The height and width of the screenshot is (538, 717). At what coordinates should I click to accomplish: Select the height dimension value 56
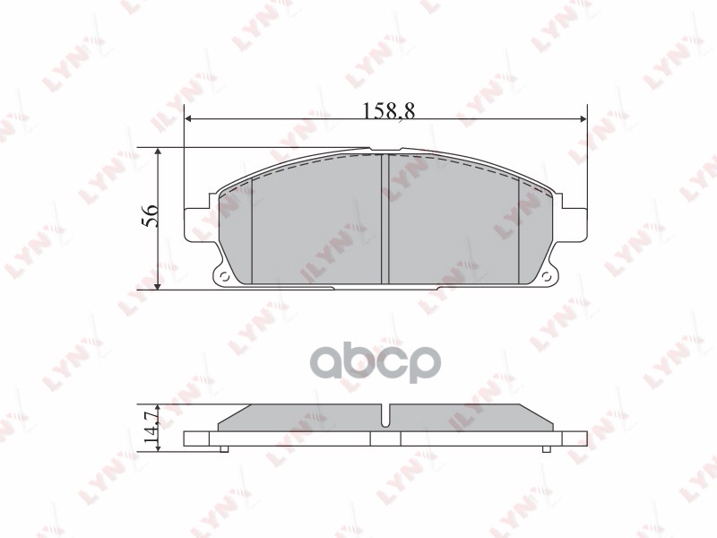pyautogui.click(x=150, y=215)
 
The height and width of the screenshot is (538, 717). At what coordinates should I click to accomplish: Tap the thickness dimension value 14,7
pyautogui.click(x=150, y=421)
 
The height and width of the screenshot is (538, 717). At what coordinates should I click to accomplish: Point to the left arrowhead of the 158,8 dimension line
pyautogui.click(x=189, y=120)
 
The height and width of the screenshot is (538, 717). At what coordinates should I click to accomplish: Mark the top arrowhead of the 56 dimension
pyautogui.click(x=159, y=153)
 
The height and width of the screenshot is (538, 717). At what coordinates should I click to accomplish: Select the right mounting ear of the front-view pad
pyautogui.click(x=570, y=224)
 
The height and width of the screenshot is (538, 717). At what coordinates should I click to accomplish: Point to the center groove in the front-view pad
pyautogui.click(x=384, y=220)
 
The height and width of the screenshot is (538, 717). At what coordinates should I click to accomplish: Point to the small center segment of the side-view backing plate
pyautogui.click(x=385, y=439)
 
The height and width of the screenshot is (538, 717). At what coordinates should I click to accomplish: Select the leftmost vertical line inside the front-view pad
pyautogui.click(x=253, y=229)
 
